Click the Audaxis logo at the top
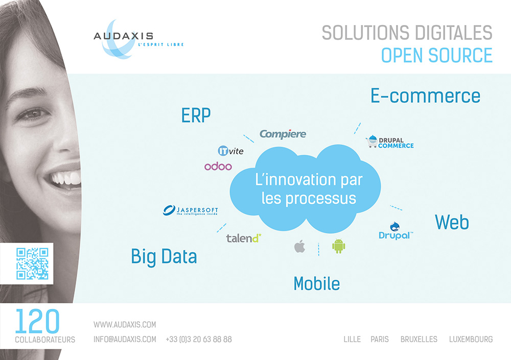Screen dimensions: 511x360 (138, 39)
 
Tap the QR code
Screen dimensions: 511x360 (32, 263)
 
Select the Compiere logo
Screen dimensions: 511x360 (283, 134)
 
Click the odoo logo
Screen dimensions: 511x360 (218, 166)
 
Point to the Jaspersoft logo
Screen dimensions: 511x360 (190, 210)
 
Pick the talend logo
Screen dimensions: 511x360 (244, 238)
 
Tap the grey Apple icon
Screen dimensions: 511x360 (300, 246)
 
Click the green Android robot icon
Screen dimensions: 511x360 (339, 246)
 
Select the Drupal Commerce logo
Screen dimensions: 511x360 (390, 142)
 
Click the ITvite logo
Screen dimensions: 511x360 (230, 151)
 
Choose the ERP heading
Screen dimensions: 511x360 (196, 115)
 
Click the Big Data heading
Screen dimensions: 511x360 (164, 257)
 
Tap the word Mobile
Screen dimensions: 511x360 (317, 283)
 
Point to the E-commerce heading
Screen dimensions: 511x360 (426, 96)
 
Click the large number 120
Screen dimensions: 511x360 (37, 321)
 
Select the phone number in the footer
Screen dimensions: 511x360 (199, 340)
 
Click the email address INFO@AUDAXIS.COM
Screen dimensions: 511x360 (125, 340)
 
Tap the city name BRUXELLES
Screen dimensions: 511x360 (419, 340)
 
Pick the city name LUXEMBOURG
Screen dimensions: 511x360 (471, 340)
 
